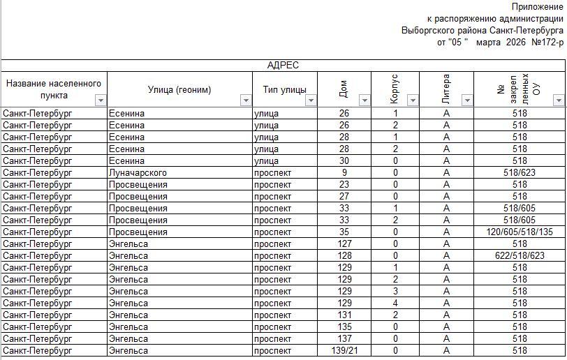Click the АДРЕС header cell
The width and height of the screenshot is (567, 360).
pyautogui.click(x=283, y=66)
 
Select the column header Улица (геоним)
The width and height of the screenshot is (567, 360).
pyautogui.click(x=179, y=89)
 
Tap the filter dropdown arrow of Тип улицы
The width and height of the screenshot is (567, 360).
pyautogui.click(x=311, y=100)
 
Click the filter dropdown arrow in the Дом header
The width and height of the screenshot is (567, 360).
pyautogui.click(x=364, y=100)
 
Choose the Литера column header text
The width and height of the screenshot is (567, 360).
pyautogui.click(x=446, y=89)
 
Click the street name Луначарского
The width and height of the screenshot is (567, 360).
pyautogui.click(x=138, y=172)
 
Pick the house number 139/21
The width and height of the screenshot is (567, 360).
pyautogui.click(x=344, y=350)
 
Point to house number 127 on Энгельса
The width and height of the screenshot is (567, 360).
pyautogui.click(x=344, y=243)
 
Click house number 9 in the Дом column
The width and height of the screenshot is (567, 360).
pyautogui.click(x=344, y=172)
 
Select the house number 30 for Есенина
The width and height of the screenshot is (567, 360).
pyautogui.click(x=344, y=160)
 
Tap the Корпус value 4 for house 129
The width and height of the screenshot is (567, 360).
pyautogui.click(x=395, y=303)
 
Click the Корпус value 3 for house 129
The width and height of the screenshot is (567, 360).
pyautogui.click(x=395, y=291)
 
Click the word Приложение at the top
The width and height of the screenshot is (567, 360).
pyautogui.click(x=537, y=7)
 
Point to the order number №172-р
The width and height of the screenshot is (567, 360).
pyautogui.click(x=547, y=43)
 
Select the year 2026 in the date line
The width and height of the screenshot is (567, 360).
pyautogui.click(x=515, y=43)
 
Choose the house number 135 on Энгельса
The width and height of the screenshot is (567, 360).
pyautogui.click(x=344, y=327)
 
